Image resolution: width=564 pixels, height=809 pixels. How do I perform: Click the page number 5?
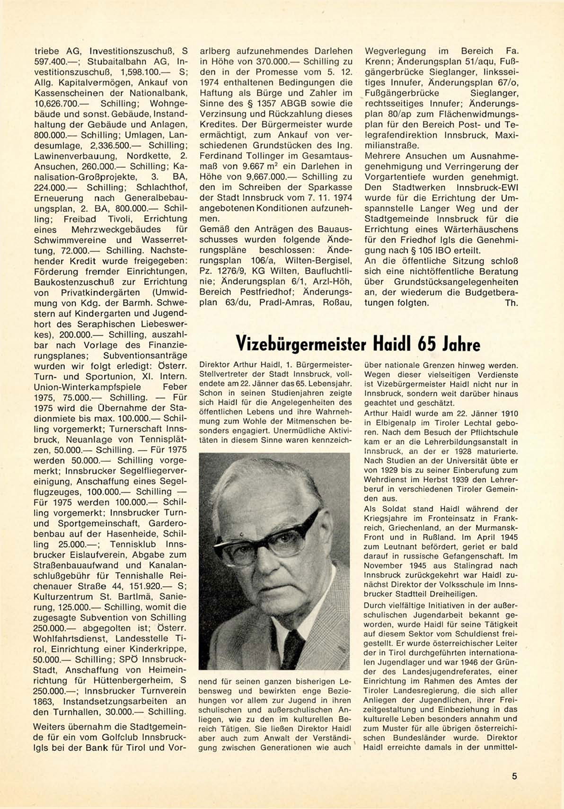(x=514, y=776)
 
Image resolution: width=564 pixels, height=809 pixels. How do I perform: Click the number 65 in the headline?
(x=428, y=344)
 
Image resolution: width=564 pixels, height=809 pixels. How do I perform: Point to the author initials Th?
(x=511, y=303)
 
